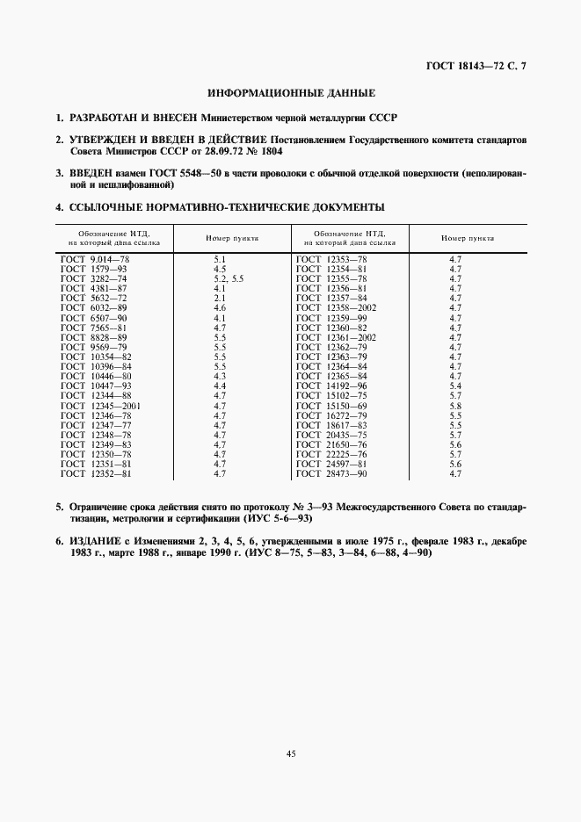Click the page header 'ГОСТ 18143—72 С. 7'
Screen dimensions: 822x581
[x=472, y=66]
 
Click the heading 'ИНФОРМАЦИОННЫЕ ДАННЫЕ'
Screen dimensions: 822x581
[x=291, y=92]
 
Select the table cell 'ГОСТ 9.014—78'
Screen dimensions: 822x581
[x=95, y=260]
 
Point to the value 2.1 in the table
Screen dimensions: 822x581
[x=220, y=297]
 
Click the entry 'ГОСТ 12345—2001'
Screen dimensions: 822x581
[x=100, y=406]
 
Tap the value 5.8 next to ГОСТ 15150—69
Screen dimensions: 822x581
[x=454, y=406]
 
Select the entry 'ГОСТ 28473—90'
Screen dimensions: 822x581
[x=331, y=473]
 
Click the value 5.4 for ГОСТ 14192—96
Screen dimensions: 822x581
[x=454, y=386]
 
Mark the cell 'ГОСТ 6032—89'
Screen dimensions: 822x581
[x=94, y=306]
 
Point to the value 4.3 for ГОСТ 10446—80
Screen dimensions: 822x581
[x=220, y=376]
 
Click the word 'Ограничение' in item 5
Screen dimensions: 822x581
[x=98, y=507]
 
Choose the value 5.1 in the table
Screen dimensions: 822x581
[x=220, y=260]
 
